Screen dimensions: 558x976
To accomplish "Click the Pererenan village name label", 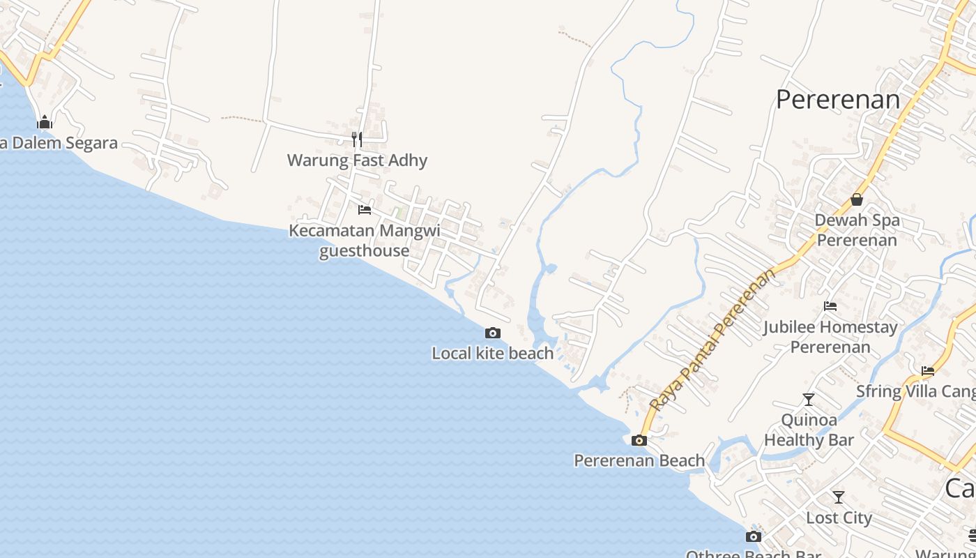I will click(838, 100).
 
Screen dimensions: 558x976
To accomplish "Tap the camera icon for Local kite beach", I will click(493, 333).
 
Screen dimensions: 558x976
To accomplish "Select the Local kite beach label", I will click(493, 353).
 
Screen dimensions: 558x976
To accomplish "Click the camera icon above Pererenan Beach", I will click(639, 440).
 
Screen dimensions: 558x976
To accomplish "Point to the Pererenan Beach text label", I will click(639, 460).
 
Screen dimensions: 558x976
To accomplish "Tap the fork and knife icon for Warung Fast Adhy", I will click(357, 139).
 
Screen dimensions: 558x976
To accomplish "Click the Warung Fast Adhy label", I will click(357, 160).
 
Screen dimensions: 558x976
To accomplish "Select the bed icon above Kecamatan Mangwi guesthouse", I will click(364, 209).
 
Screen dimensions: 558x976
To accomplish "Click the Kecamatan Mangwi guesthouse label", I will click(364, 240).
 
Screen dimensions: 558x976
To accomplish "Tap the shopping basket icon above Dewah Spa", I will click(857, 199).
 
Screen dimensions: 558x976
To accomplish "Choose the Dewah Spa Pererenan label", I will click(857, 230).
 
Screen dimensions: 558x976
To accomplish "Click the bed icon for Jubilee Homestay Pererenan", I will click(830, 306).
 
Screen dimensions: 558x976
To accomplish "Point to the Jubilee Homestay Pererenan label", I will click(830, 336).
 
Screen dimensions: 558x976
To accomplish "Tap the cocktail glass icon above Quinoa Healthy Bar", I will click(809, 400).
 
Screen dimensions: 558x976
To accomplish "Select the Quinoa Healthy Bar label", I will click(809, 430).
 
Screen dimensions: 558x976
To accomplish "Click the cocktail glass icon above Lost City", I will click(839, 497).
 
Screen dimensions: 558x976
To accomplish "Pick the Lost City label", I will click(839, 518).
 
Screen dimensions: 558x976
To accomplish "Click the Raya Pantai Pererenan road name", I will click(712, 340).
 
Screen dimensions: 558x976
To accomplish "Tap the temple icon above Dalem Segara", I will click(45, 123).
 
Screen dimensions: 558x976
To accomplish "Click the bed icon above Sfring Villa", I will click(927, 371).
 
